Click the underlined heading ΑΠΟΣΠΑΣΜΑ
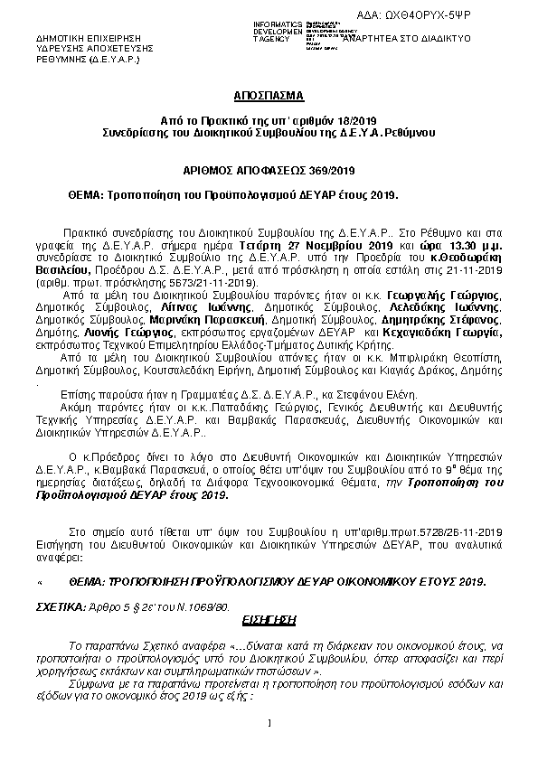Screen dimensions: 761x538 pos(269,94)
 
